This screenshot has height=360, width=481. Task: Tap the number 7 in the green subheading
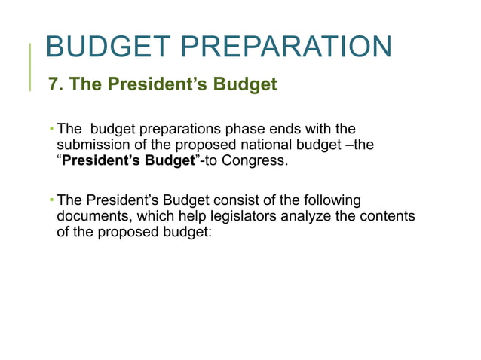(54, 84)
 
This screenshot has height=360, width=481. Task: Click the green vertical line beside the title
(31, 66)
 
